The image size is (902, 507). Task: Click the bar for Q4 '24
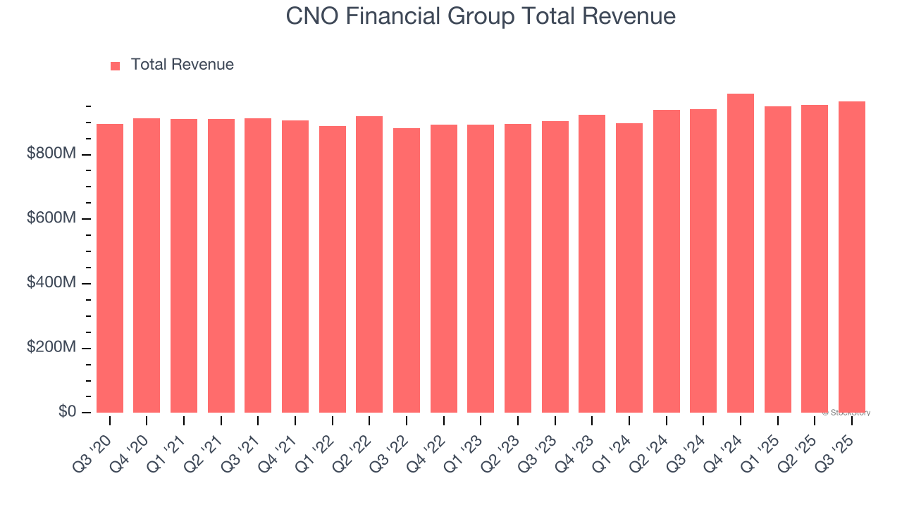pos(740,254)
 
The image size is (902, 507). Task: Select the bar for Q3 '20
pos(110,268)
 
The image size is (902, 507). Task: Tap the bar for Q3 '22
pos(407,270)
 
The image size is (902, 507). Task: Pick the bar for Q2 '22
pos(369,264)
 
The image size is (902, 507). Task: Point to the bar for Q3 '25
pos(851,257)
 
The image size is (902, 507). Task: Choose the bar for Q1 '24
pos(629,268)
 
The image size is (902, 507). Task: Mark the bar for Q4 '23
pos(592,263)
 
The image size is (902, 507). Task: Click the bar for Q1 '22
pos(333,269)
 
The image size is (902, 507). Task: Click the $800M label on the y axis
pos(51,154)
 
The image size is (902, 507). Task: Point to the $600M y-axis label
pos(51,219)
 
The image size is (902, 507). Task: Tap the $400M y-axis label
pos(51,283)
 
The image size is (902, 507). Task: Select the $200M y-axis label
pos(51,348)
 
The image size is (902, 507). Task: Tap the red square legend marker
pos(116,65)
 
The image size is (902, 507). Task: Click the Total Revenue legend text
pos(182,65)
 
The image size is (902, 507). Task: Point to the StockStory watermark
pos(846,413)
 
